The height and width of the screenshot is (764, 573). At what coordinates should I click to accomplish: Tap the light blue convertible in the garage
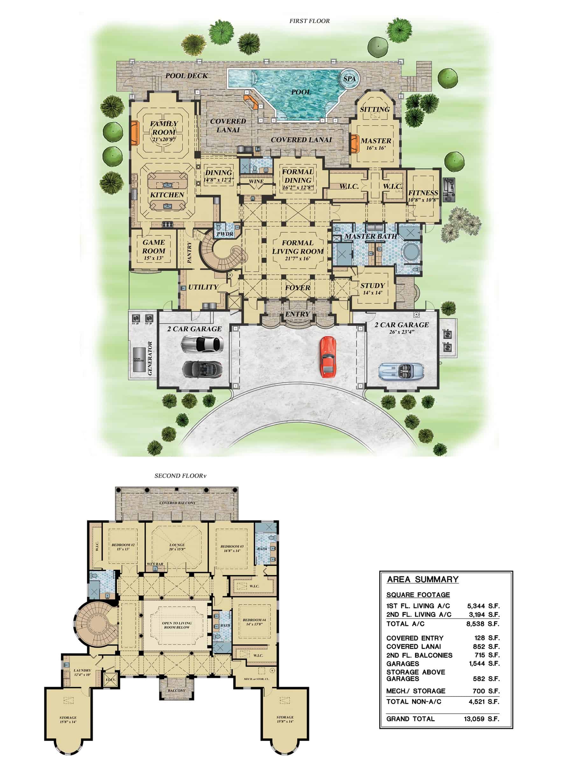point(401,371)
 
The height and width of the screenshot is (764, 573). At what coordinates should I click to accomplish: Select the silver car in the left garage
point(202,344)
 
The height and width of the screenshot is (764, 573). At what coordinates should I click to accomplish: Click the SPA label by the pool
point(349,79)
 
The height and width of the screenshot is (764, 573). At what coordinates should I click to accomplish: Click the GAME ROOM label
point(154,247)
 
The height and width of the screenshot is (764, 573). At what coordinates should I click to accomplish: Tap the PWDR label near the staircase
point(225,234)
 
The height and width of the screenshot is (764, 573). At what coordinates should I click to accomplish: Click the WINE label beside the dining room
point(256,181)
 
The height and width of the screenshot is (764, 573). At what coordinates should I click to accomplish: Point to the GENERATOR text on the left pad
point(150,358)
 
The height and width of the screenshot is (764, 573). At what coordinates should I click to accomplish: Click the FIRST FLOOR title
point(309,21)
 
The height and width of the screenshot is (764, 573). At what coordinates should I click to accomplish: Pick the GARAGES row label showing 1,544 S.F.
point(403,664)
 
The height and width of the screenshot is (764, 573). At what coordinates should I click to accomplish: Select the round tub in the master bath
point(411,251)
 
